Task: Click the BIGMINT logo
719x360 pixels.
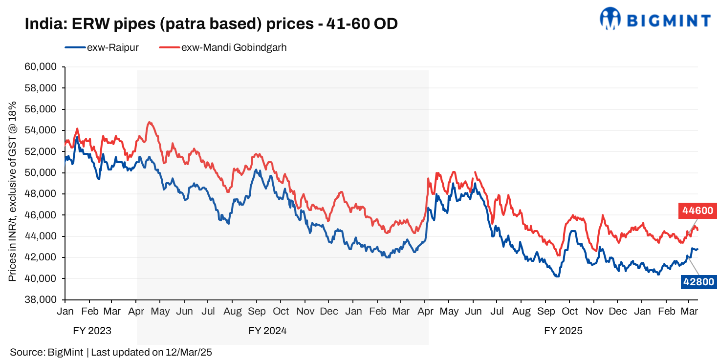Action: point(654,19)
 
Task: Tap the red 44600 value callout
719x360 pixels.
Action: point(698,211)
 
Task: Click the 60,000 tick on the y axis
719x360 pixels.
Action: point(44,67)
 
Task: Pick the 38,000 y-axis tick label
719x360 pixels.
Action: point(44,299)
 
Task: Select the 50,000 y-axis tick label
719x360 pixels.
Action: point(44,172)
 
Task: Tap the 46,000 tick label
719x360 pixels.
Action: point(44,215)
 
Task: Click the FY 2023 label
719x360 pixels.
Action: point(92,331)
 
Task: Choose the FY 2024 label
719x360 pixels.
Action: point(267,331)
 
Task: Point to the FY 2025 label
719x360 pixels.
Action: point(563,331)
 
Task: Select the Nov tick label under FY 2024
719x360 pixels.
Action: point(305,312)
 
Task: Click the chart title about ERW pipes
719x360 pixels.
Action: point(211,23)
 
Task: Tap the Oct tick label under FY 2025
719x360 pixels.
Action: point(569,312)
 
